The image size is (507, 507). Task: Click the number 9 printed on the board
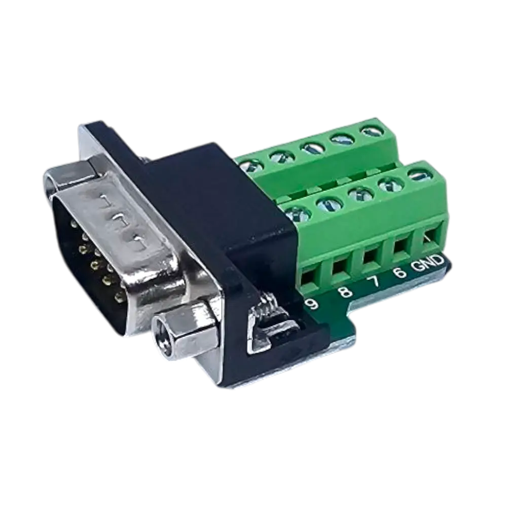[x=311, y=304]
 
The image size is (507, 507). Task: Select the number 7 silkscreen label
[x=374, y=281]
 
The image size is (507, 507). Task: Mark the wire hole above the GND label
[x=428, y=238]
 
